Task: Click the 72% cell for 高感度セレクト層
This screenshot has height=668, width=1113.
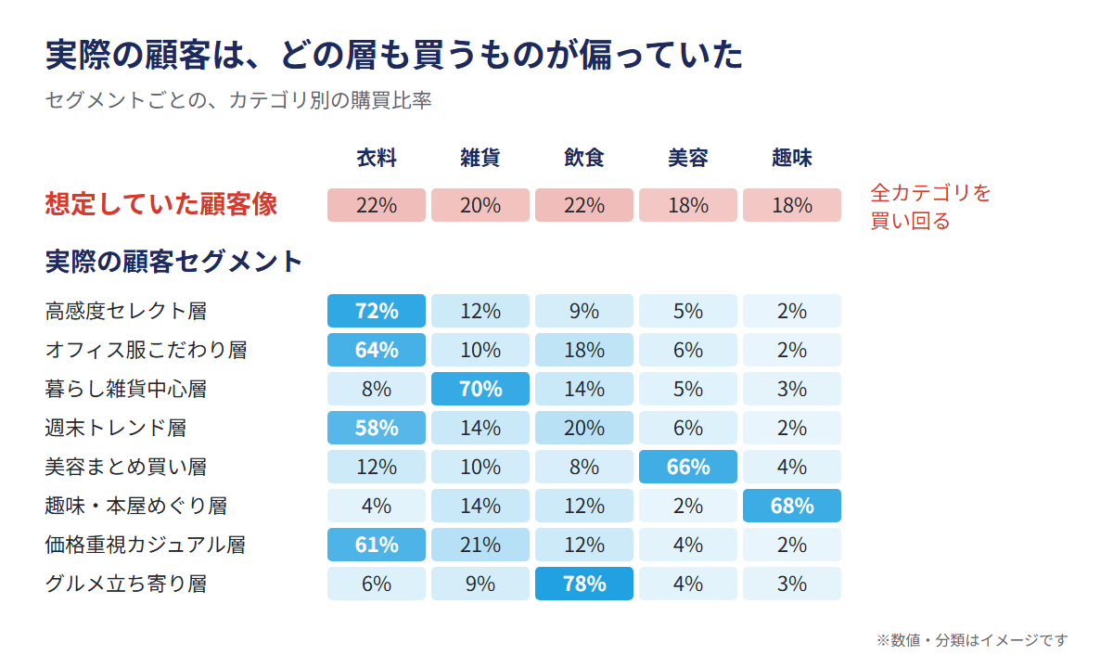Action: pyautogui.click(x=377, y=311)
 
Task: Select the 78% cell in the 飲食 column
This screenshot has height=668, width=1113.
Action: pyautogui.click(x=583, y=584)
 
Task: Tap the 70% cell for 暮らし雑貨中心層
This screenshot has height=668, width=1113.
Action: pyautogui.click(x=480, y=389)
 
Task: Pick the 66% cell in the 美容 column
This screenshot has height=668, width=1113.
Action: pyautogui.click(x=687, y=467)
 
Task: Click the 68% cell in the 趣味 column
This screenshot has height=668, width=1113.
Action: pyautogui.click(x=791, y=506)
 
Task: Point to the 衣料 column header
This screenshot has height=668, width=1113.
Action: pyautogui.click(x=377, y=158)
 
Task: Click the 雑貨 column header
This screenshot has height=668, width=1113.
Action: pyautogui.click(x=480, y=158)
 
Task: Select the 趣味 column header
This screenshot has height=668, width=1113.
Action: pyautogui.click(x=791, y=158)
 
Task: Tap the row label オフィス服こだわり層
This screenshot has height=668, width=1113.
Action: pyautogui.click(x=147, y=350)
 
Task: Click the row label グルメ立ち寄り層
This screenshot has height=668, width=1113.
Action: pyautogui.click(x=126, y=584)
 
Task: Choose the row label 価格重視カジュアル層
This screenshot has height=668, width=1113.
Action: pyautogui.click(x=146, y=545)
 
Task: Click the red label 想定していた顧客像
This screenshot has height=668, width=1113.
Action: pyautogui.click(x=161, y=204)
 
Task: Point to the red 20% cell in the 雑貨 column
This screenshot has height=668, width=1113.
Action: pyautogui.click(x=480, y=205)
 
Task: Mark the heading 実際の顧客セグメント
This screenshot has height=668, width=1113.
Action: pyautogui.click(x=173, y=262)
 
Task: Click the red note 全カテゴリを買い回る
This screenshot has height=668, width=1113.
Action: pyautogui.click(x=930, y=207)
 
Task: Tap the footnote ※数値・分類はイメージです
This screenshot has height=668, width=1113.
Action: pyautogui.click(x=972, y=640)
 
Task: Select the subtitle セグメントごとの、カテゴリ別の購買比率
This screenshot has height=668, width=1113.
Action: pyautogui.click(x=238, y=100)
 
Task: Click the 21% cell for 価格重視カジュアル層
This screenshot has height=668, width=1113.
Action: pyautogui.click(x=480, y=545)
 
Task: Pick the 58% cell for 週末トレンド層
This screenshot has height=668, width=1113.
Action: pyautogui.click(x=377, y=428)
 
